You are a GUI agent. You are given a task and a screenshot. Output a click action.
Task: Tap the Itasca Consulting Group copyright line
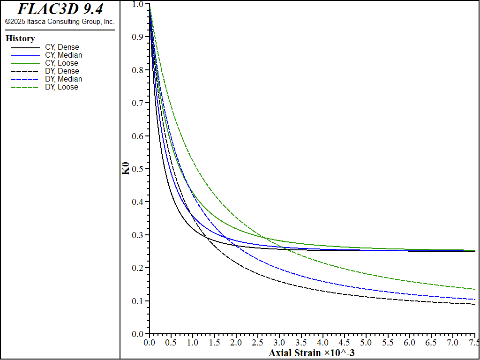[60, 22]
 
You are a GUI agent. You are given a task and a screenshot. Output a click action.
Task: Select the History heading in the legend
[20, 38]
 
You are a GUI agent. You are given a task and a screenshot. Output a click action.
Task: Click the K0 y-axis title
[126, 168]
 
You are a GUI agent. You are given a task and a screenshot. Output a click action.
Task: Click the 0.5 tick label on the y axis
[137, 169]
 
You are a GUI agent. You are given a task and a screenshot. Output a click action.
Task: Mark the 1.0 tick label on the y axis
[137, 4]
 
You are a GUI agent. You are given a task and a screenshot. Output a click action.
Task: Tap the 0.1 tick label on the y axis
[137, 301]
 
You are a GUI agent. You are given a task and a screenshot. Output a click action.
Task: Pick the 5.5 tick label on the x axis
[388, 343]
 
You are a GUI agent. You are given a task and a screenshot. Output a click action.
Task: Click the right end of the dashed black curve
[475, 304]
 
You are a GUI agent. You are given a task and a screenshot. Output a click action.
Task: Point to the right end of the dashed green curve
[475, 289]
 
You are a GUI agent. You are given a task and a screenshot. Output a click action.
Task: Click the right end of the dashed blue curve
[475, 300]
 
